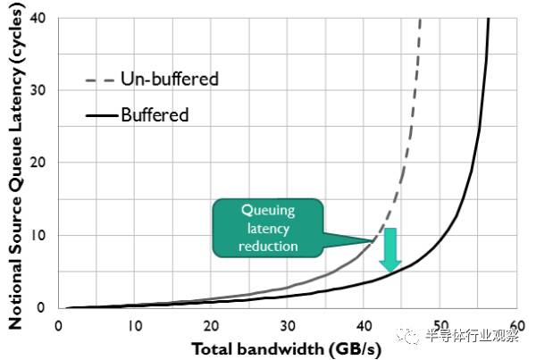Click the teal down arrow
[x=389, y=249]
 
